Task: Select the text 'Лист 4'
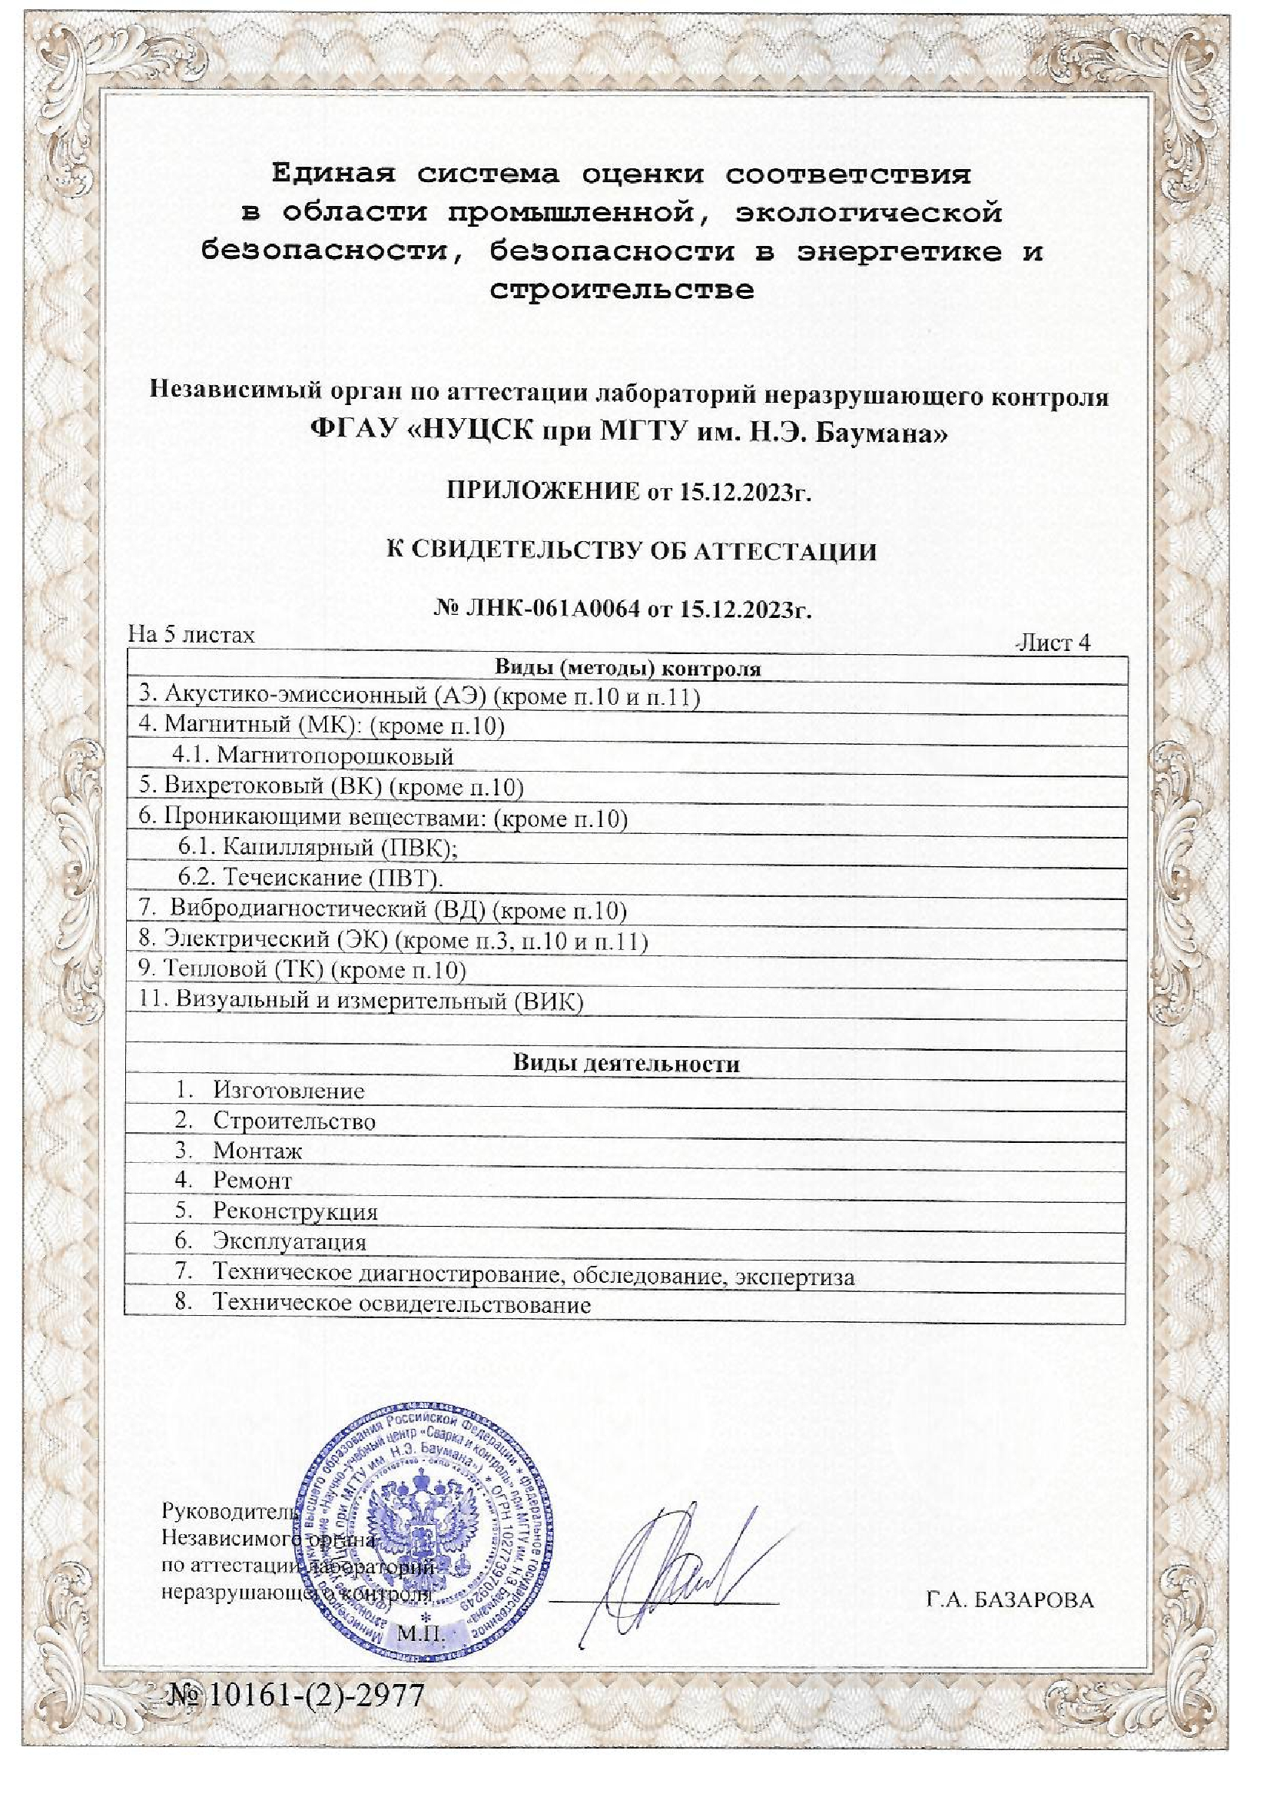pos(1053,643)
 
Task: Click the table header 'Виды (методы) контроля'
pos(627,669)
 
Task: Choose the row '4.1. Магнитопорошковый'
pos(313,756)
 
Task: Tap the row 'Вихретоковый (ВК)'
pos(331,786)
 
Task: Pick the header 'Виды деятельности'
pos(626,1063)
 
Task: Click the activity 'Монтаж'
pos(257,1151)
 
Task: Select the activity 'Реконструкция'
pos(295,1211)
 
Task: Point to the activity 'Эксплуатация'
pos(290,1241)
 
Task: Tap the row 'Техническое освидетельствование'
pos(401,1304)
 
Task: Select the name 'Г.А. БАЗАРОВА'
pos(1010,1599)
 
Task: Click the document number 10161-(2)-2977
pos(297,1695)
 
